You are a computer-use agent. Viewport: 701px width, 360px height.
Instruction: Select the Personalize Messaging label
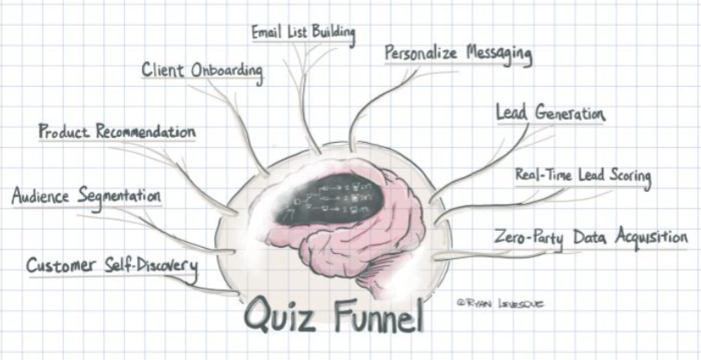(x=457, y=53)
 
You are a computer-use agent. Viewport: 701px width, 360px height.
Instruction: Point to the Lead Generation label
(x=550, y=114)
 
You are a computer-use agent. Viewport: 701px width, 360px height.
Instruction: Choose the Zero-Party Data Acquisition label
(x=590, y=236)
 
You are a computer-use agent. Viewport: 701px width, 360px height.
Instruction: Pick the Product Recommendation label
(x=116, y=133)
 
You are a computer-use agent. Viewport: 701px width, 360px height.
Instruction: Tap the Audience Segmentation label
(x=86, y=196)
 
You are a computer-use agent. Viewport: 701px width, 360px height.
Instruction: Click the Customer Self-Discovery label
(x=111, y=264)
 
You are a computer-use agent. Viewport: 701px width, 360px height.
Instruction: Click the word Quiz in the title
(x=282, y=315)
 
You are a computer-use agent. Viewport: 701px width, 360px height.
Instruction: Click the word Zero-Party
(x=529, y=237)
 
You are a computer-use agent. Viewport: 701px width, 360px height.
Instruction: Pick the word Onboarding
(x=227, y=71)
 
